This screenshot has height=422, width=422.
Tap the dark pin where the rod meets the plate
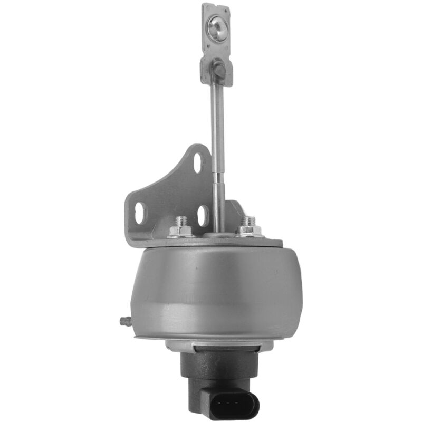219,68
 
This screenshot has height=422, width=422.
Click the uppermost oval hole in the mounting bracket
198,162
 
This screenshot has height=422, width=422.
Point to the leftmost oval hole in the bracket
139,213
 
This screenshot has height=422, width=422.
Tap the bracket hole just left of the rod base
203,215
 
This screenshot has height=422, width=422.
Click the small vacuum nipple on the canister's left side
124,320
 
